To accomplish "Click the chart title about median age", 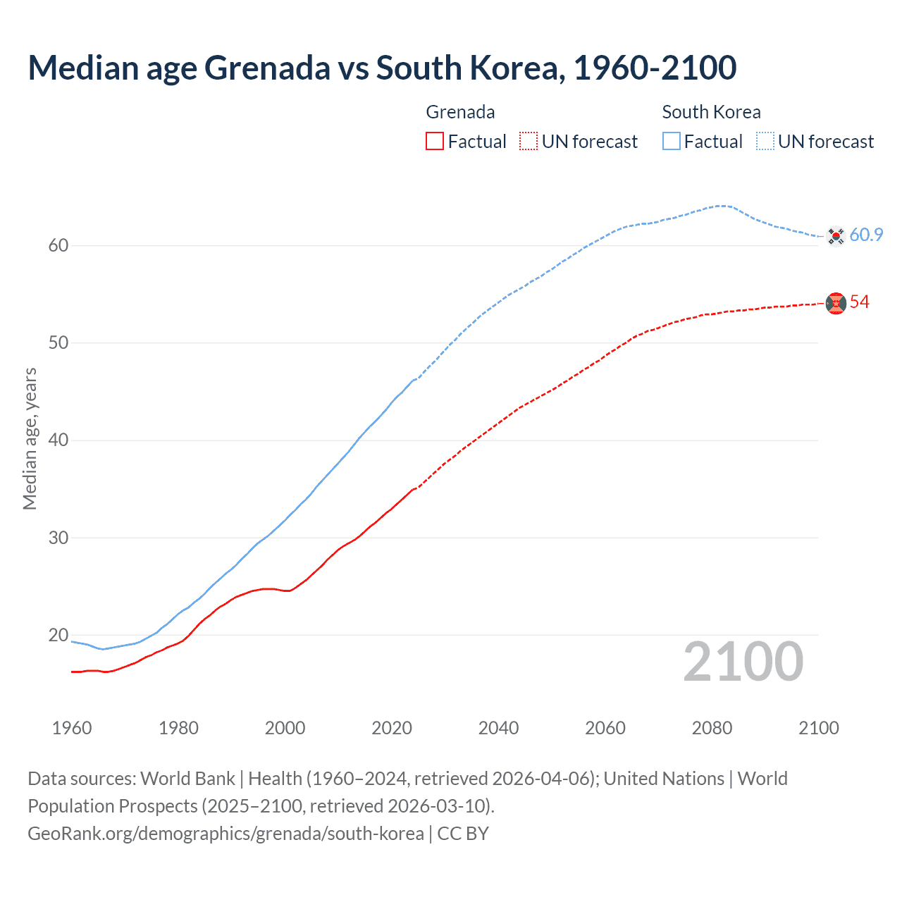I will tap(382, 68).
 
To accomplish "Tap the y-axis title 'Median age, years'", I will tap(30, 438).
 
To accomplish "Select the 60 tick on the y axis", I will tap(58, 246).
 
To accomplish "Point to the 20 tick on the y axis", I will tap(58, 636).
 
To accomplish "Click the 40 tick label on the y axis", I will tap(58, 440).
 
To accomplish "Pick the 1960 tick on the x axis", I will tap(72, 728).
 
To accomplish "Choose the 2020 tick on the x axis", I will tap(392, 728).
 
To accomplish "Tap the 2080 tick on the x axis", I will tap(712, 728).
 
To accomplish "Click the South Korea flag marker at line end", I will tap(836, 235).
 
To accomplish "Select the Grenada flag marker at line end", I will tap(836, 303).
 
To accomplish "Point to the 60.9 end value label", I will tap(866, 235).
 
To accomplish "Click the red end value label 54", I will tap(859, 302).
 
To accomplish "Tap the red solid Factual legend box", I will tap(435, 142).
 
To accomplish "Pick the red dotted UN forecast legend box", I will tap(529, 142).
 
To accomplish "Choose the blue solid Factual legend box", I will tap(672, 142).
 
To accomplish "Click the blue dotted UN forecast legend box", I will tap(765, 142).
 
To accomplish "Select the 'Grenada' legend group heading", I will tap(460, 112).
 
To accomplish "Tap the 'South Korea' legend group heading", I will tap(711, 112).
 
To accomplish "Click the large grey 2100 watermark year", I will tap(743, 662).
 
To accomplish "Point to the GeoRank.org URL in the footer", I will tap(225, 834).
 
